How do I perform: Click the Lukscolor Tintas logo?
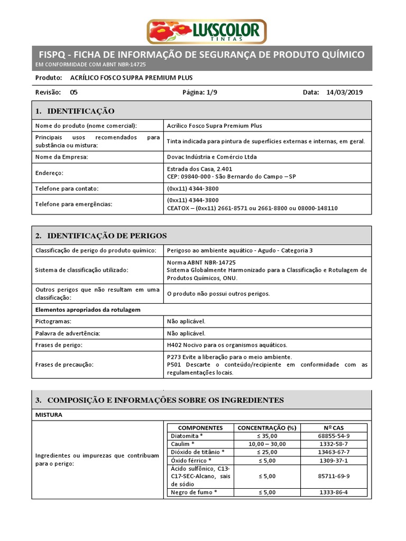(207, 31)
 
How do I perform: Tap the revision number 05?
(73, 92)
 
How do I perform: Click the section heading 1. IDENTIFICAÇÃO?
(75, 111)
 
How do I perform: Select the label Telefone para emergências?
(73, 204)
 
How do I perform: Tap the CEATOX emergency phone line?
(252, 208)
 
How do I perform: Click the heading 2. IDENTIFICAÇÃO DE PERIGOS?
(100, 235)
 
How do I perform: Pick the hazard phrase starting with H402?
(227, 345)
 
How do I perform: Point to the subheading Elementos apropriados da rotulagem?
(87, 309)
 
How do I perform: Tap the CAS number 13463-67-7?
(333, 452)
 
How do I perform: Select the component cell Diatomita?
(187, 436)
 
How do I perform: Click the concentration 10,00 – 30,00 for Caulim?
(266, 444)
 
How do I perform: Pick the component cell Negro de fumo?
(194, 492)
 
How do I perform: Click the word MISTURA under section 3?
(49, 415)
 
